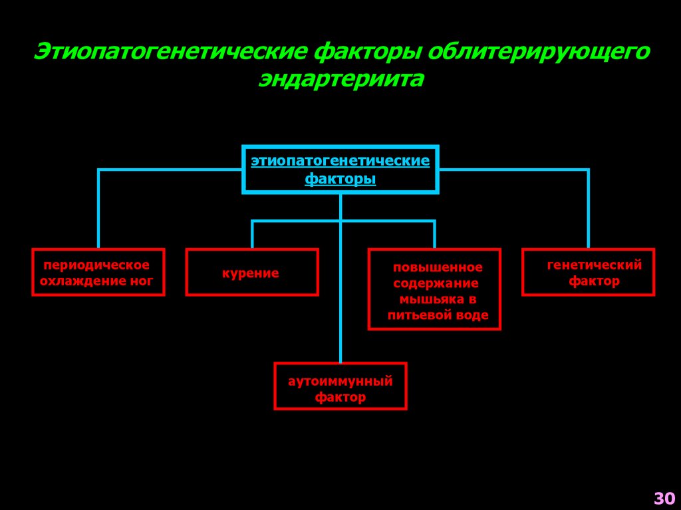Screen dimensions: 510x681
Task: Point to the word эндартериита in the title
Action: pos(340,78)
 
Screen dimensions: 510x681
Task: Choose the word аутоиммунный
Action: pos(340,382)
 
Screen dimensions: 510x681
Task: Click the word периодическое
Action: pos(97,265)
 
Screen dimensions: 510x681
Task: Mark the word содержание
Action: pos(435,284)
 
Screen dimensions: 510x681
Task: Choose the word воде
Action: pos(472,316)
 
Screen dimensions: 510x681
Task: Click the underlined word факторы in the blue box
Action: pos(340,180)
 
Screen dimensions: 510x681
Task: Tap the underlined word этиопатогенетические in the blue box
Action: pos(340,161)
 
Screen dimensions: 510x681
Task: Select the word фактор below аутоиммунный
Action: pos(340,398)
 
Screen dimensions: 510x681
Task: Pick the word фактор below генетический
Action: pos(594,281)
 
